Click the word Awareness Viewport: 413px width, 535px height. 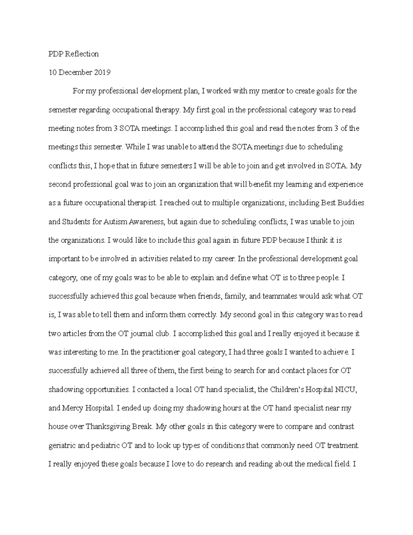pyautogui.click(x=147, y=222)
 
